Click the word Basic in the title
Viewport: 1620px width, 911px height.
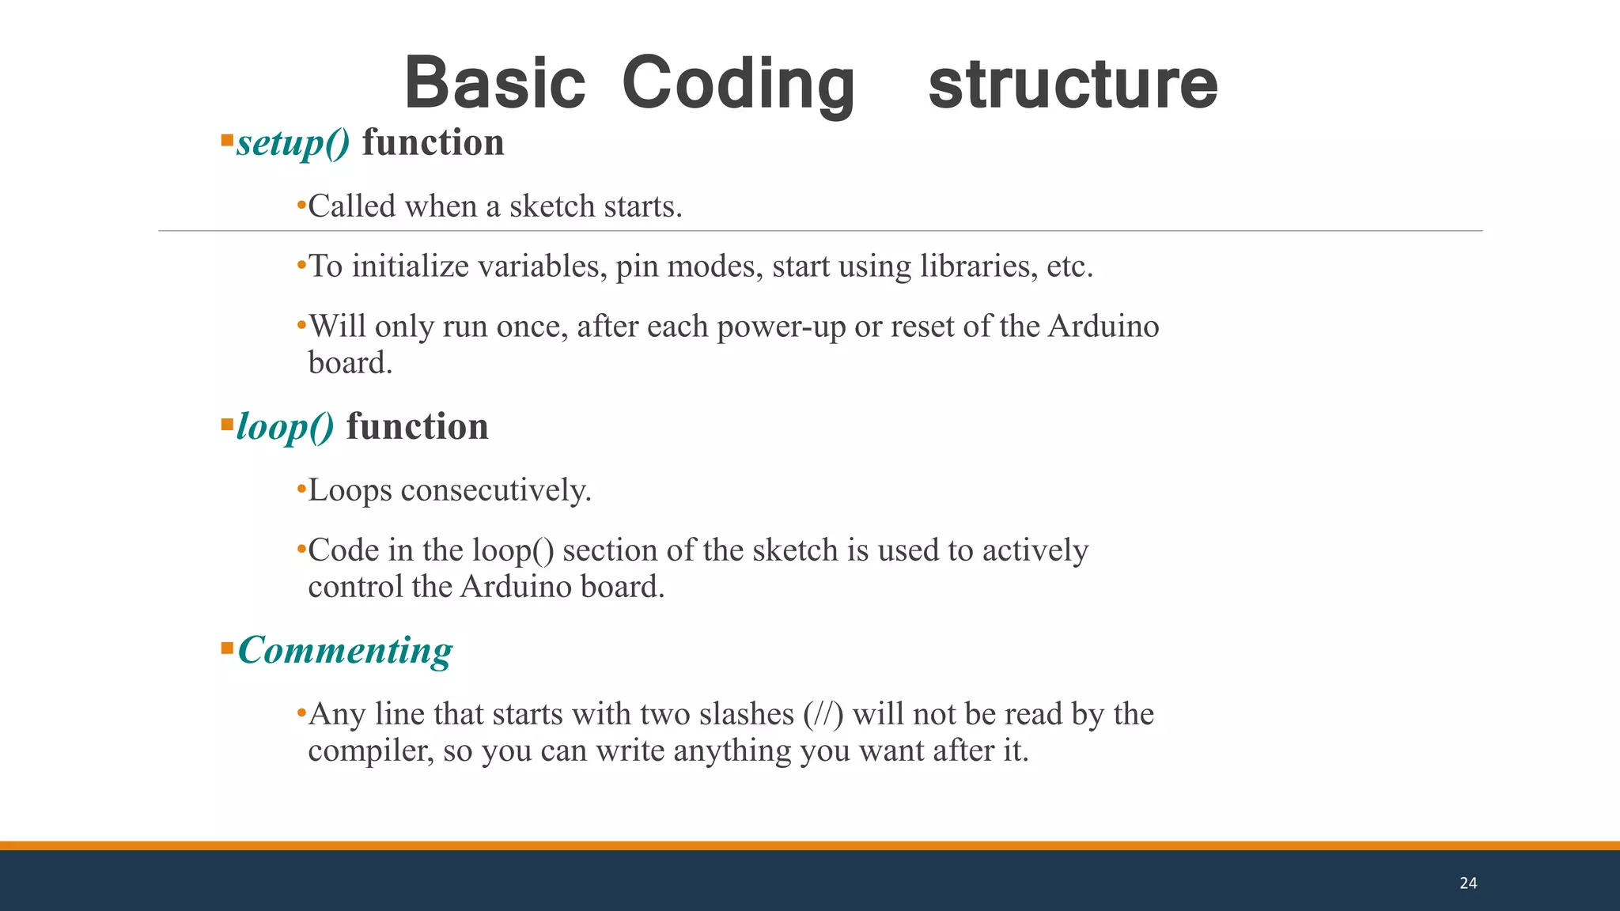click(494, 84)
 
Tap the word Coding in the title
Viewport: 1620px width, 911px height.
click(738, 84)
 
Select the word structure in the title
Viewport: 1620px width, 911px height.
click(1073, 84)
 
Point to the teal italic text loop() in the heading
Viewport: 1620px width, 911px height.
click(285, 427)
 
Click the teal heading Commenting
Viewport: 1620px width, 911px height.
click(345, 650)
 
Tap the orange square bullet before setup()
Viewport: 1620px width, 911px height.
click(227, 141)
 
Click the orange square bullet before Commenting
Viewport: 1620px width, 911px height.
click(227, 648)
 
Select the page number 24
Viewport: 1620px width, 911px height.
click(1468, 883)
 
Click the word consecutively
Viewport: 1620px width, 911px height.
click(496, 490)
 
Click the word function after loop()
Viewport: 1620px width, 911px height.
click(417, 427)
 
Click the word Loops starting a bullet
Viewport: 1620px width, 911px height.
click(350, 490)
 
